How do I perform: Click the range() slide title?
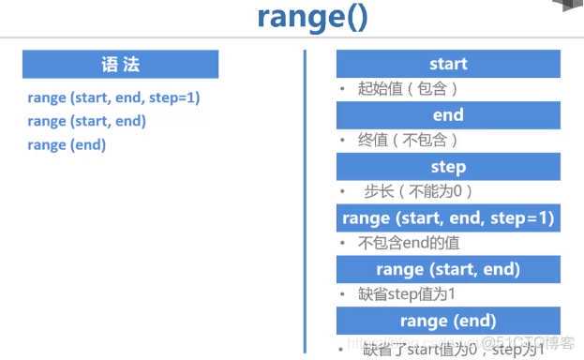pyautogui.click(x=311, y=20)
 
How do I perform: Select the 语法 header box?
pyautogui.click(x=120, y=64)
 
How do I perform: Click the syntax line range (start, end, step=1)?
pyautogui.click(x=114, y=97)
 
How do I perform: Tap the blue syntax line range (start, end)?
pyautogui.click(x=86, y=121)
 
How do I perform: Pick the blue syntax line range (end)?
pyautogui.click(x=67, y=144)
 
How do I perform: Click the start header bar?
pyautogui.click(x=448, y=64)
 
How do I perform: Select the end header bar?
pyautogui.click(x=448, y=115)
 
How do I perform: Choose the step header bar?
pyautogui.click(x=448, y=167)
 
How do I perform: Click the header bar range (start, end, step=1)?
pyautogui.click(x=448, y=217)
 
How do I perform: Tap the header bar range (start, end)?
pyautogui.click(x=448, y=269)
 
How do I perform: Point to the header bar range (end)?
pyautogui.click(x=448, y=320)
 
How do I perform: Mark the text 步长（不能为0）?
pyautogui.click(x=419, y=191)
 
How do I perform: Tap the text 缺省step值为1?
pyautogui.click(x=406, y=293)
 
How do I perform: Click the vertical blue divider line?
pyautogui.click(x=306, y=197)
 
